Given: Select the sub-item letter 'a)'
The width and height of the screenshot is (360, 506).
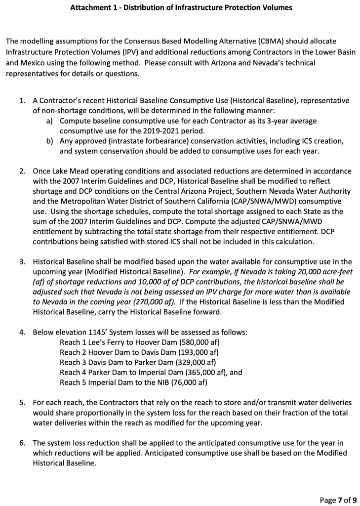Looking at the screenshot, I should coord(50,121).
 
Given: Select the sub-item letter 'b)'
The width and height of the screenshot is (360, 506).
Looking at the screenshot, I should coord(50,141).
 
